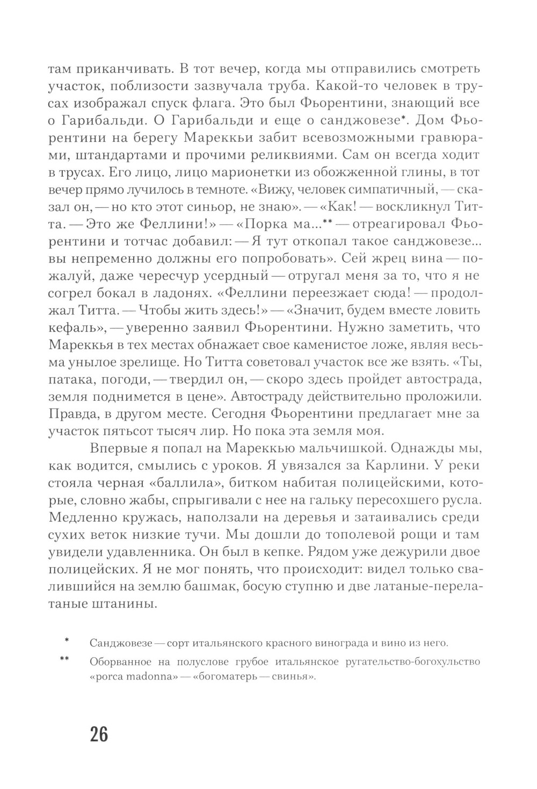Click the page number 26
click(x=99, y=734)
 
